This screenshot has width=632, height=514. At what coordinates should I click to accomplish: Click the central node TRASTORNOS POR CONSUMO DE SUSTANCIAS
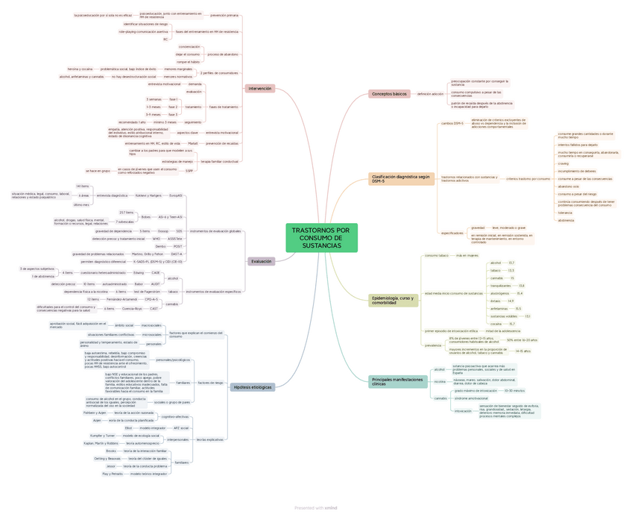tap(321, 238)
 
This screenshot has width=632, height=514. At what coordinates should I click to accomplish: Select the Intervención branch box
tap(259, 89)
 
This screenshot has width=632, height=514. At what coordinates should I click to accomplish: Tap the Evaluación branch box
tap(262, 261)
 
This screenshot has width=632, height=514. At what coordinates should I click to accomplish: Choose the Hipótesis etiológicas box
tap(253, 387)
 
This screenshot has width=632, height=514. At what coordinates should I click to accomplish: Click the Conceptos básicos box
tap(389, 94)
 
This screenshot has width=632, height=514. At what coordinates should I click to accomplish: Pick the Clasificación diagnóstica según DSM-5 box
tap(401, 179)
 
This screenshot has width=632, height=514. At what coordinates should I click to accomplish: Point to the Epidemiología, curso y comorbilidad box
tap(394, 301)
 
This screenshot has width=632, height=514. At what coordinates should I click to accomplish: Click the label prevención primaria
tap(224, 15)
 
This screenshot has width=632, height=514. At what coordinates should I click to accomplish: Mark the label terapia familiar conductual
tap(219, 161)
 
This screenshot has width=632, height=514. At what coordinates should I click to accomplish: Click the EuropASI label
tap(176, 195)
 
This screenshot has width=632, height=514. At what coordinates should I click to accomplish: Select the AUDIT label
tap(156, 284)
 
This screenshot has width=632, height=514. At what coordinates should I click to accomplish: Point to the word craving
tap(563, 163)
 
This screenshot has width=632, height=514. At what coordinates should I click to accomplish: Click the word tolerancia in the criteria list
tap(565, 213)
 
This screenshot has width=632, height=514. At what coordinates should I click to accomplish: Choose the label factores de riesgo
tap(210, 383)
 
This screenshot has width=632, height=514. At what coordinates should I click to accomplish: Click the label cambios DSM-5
tap(452, 123)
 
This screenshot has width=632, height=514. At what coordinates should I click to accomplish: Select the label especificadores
tap(452, 233)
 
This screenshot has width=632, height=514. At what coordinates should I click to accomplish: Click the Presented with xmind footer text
tap(316, 507)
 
